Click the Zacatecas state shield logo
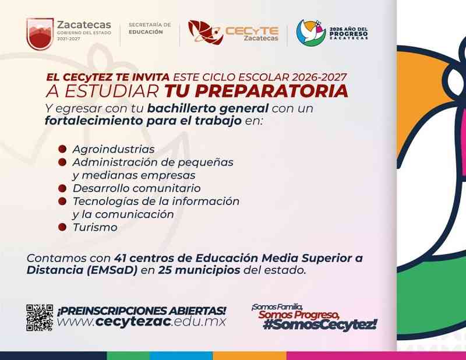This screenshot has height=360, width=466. point(40,34)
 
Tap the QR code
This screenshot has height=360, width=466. point(40,317)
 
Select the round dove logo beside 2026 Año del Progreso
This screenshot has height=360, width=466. point(311,33)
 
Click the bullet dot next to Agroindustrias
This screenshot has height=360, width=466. point(62,149)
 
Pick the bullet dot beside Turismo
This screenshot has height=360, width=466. point(62,227)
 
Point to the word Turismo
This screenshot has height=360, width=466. point(95,227)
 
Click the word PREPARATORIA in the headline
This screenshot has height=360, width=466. point(256,91)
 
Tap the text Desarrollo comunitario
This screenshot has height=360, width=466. point(137,188)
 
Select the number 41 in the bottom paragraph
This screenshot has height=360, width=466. point(120,258)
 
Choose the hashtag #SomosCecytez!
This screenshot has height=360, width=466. point(320,324)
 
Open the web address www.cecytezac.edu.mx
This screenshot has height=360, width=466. point(142,322)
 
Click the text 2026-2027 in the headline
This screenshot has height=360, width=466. point(319,77)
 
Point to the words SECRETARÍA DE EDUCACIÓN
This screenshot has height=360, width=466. point(150,28)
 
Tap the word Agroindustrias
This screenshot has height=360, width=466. point(114,149)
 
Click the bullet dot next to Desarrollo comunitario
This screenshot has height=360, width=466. point(62,188)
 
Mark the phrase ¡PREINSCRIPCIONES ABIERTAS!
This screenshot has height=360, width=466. point(142,311)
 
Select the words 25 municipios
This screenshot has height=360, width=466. point(199,270)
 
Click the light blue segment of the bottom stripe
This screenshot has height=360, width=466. point(181,356)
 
